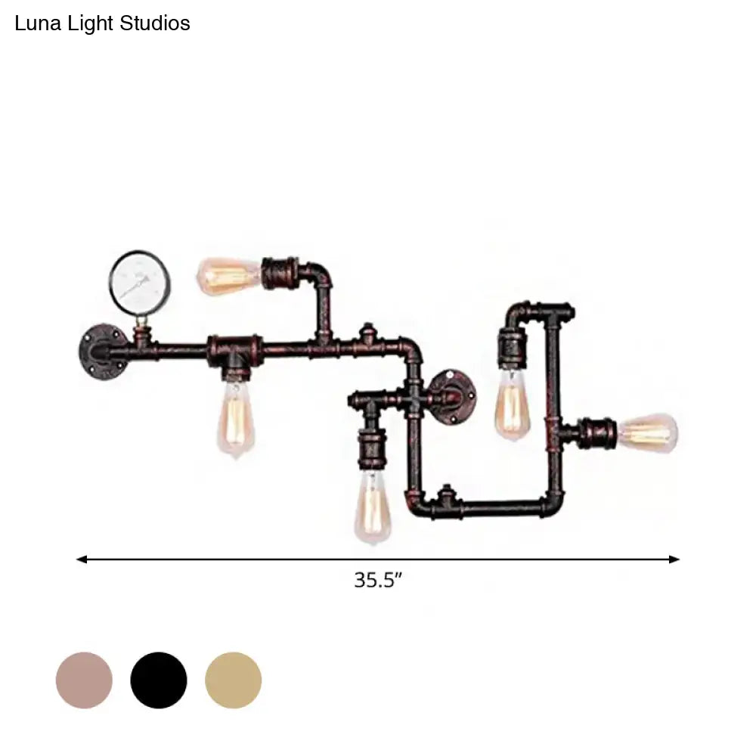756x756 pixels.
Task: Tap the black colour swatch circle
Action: [x=159, y=680]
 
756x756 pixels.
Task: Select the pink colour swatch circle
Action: [x=85, y=680]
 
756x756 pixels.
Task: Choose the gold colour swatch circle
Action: [x=234, y=680]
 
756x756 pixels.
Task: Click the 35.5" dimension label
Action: [x=378, y=580]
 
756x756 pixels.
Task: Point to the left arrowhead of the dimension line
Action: [x=81, y=559]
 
